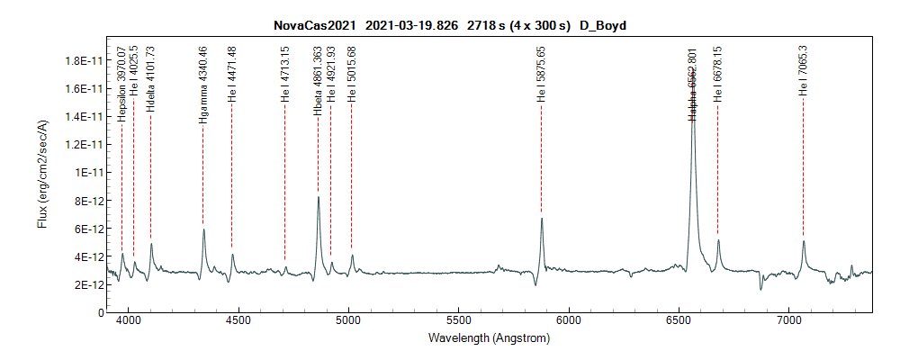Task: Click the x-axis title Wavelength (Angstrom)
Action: pyautogui.click(x=490, y=338)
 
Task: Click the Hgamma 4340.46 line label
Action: pyautogui.click(x=203, y=85)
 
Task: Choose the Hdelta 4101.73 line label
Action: pyautogui.click(x=150, y=79)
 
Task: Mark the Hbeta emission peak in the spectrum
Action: pyautogui.click(x=318, y=197)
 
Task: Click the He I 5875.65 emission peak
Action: pyautogui.click(x=542, y=218)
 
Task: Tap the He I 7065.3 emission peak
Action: pyautogui.click(x=803, y=240)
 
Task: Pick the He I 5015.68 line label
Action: pyautogui.click(x=352, y=75)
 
